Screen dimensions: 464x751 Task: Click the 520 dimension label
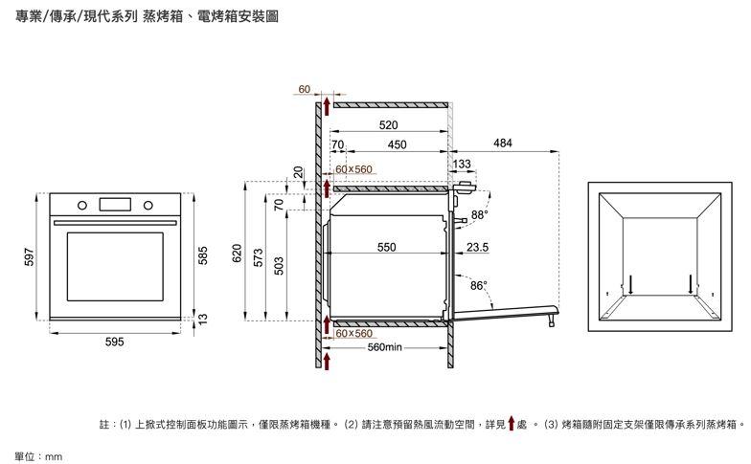click(x=388, y=125)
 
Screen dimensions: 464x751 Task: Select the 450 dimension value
click(x=397, y=144)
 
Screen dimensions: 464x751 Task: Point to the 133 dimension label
click(x=462, y=165)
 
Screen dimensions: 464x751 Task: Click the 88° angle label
click(x=479, y=213)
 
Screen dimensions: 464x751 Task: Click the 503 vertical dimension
click(x=279, y=264)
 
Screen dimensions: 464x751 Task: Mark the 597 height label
click(x=30, y=257)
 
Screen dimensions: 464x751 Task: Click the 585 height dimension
click(x=202, y=255)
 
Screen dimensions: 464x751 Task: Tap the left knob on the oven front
click(x=83, y=205)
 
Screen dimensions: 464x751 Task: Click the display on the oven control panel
click(x=115, y=204)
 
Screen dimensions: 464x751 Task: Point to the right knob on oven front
click(x=148, y=205)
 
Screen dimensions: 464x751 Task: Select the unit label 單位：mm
click(x=38, y=456)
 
